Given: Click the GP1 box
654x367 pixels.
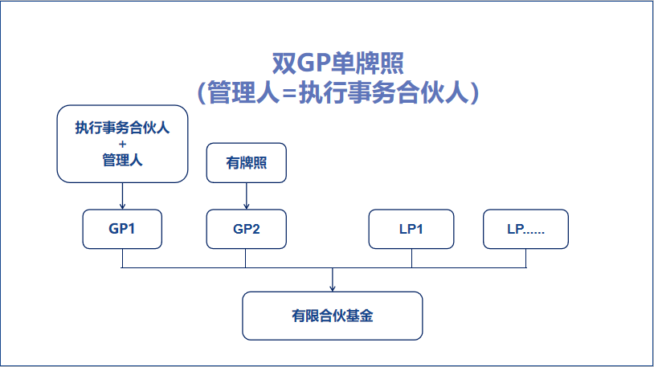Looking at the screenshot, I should click(122, 229).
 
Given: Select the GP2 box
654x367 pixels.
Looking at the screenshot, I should click(246, 229).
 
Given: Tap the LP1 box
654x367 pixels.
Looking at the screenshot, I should click(411, 229).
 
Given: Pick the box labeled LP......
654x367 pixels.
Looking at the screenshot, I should click(525, 229).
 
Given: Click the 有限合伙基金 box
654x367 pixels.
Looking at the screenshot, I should click(332, 316).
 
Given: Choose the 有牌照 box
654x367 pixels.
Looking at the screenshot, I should click(246, 162).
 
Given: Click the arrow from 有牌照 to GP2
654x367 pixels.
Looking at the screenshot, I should click(246, 195).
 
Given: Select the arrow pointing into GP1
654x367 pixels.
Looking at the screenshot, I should click(122, 195).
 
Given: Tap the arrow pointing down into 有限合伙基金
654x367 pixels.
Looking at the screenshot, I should click(332, 280).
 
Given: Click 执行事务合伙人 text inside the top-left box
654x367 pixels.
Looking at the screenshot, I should click(122, 128).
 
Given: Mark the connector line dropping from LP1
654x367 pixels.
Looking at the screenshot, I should click(411, 258).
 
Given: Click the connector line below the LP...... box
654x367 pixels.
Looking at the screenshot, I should click(526, 258).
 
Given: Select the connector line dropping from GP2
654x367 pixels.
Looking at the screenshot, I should click(245, 258).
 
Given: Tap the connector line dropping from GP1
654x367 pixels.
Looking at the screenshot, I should click(122, 258).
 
